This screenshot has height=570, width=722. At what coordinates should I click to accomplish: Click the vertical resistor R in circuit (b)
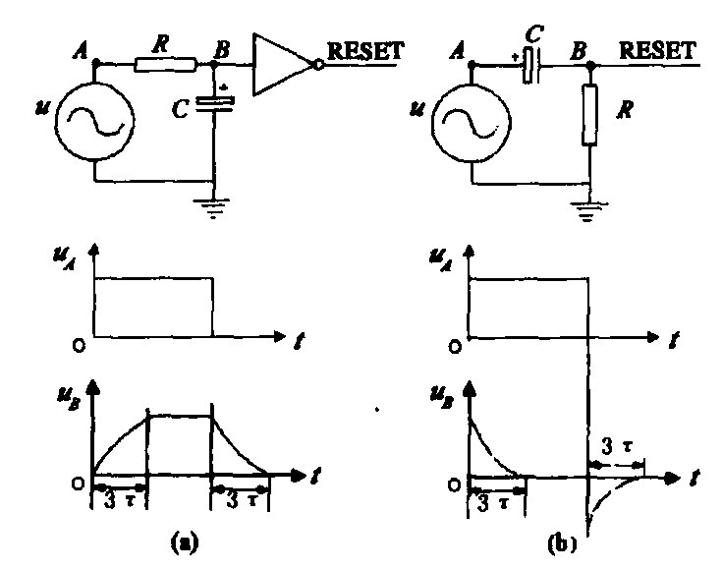588,116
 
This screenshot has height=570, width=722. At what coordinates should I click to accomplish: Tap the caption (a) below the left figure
183,540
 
